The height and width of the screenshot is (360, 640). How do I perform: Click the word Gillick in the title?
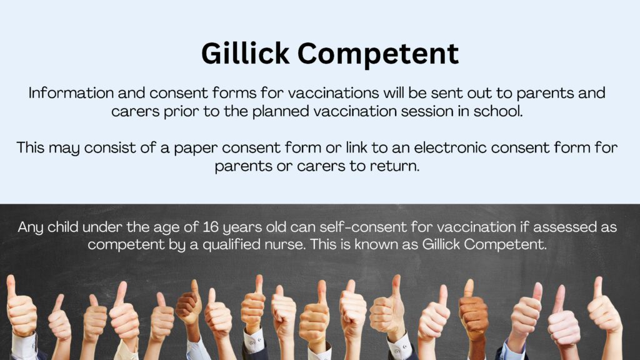pos(245,53)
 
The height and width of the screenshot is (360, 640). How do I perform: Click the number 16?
pos(211,227)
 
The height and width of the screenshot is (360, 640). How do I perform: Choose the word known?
pos(375,244)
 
